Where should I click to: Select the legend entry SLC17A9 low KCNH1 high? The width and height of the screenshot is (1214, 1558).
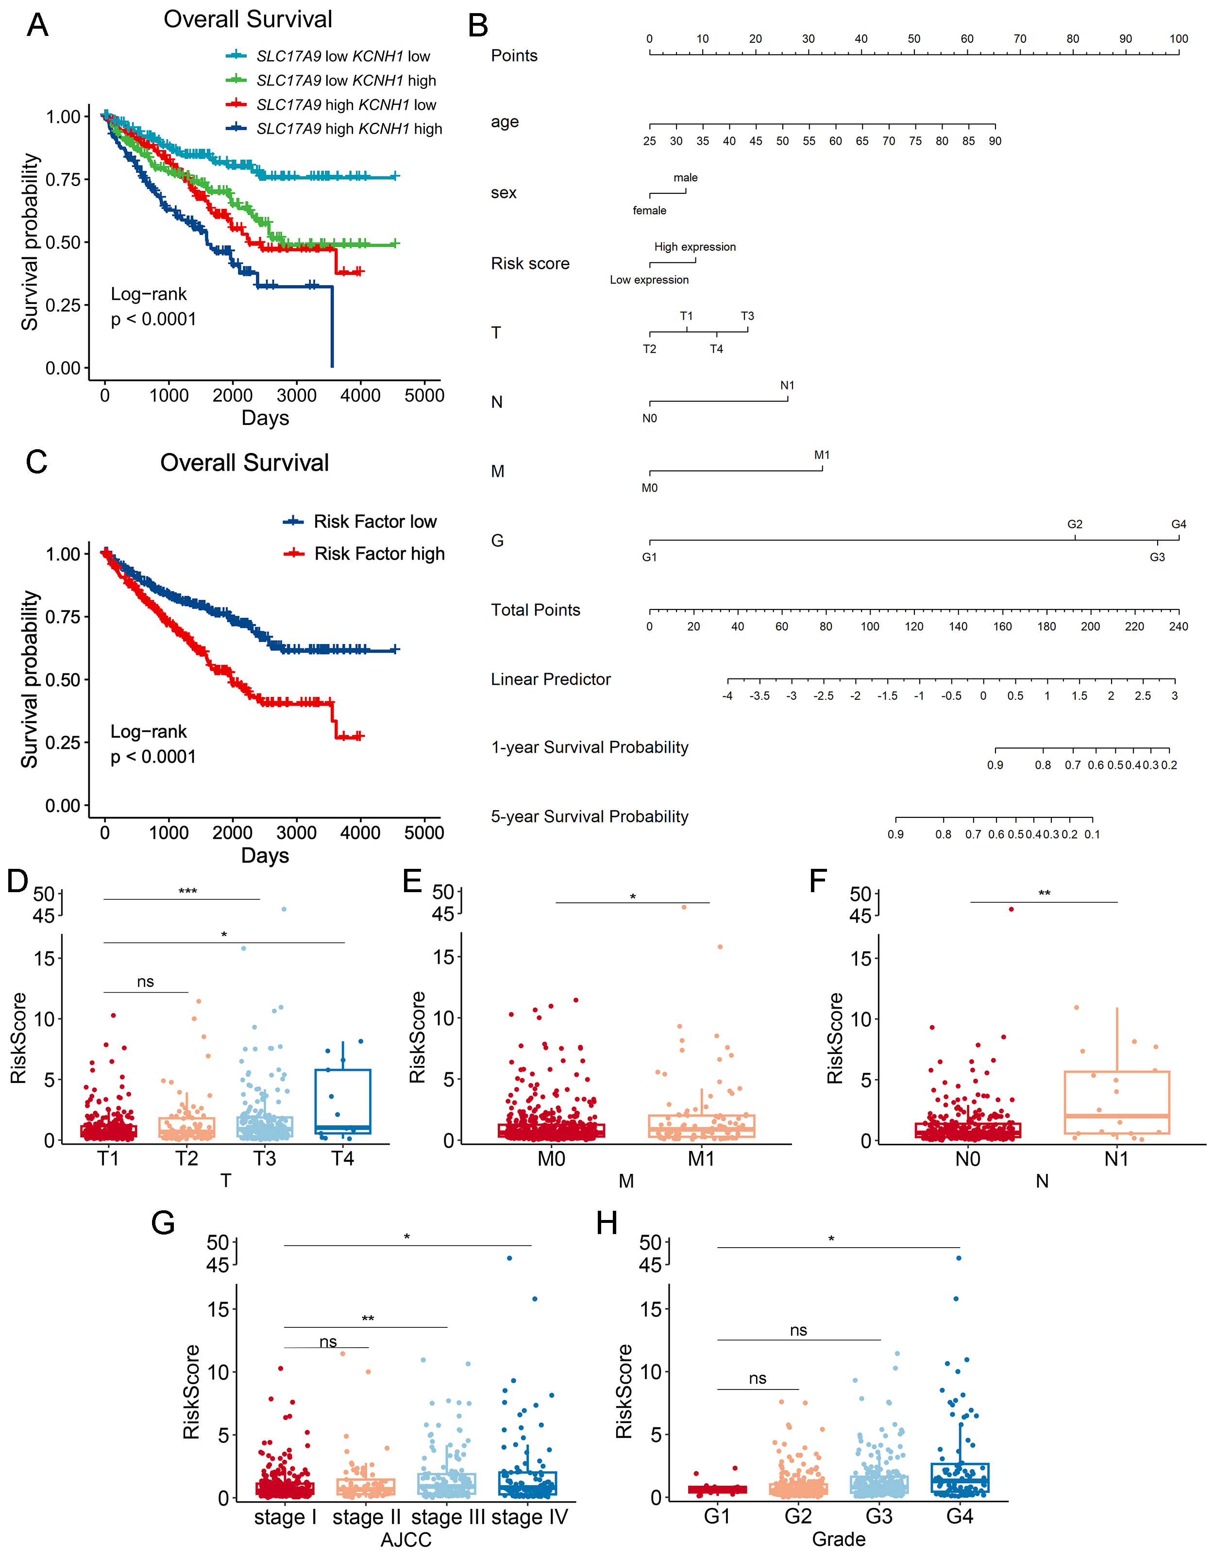tap(346, 81)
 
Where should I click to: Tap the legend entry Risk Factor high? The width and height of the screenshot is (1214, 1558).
tap(379, 554)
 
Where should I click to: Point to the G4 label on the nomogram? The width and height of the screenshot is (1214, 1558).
tap(1179, 525)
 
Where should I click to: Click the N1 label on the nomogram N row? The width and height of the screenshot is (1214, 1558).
tap(787, 385)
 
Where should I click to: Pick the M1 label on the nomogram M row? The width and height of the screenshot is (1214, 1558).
tap(822, 455)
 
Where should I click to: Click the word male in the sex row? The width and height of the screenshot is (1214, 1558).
tap(686, 178)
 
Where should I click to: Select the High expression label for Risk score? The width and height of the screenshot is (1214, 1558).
tap(695, 247)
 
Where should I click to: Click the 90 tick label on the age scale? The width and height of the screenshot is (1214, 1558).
tap(995, 141)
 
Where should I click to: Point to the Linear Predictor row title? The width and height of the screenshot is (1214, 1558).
tap(551, 679)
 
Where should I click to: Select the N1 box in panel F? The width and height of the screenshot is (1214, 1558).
tap(1116, 1102)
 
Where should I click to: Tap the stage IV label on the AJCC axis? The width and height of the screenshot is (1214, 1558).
tap(529, 1517)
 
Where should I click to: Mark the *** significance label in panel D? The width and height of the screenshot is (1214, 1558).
tap(187, 892)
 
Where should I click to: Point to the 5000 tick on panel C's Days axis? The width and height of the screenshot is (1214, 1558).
tap(424, 832)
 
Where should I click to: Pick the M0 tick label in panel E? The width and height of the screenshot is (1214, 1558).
tap(551, 1159)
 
